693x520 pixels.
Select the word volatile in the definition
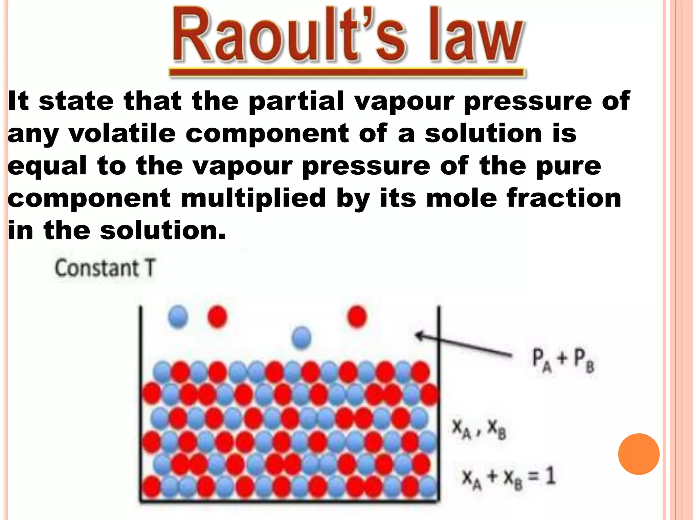122,133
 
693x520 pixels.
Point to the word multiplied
253,198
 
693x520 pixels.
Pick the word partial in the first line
296,101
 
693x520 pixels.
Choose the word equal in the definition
47,167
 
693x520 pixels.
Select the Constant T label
105,268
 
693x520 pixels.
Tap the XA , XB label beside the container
479,429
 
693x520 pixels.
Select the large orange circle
639,454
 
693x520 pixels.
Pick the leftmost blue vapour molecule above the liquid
178,317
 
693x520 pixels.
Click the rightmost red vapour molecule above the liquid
357,317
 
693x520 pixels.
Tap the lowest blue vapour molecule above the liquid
301,337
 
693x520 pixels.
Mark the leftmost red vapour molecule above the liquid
217,317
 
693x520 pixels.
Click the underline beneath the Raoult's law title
347,72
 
